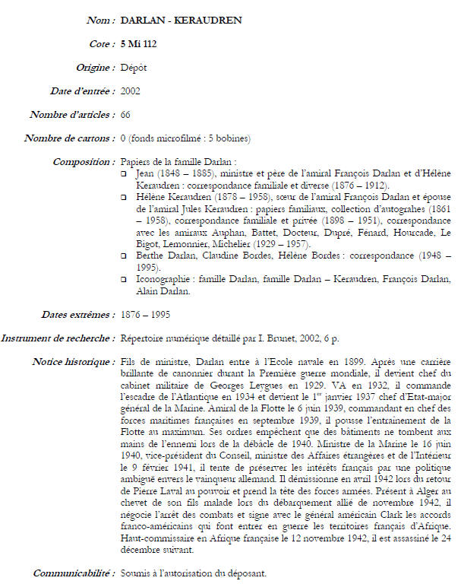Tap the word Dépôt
(x=134, y=67)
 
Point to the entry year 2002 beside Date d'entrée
(x=131, y=90)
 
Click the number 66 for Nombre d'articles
(x=126, y=114)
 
